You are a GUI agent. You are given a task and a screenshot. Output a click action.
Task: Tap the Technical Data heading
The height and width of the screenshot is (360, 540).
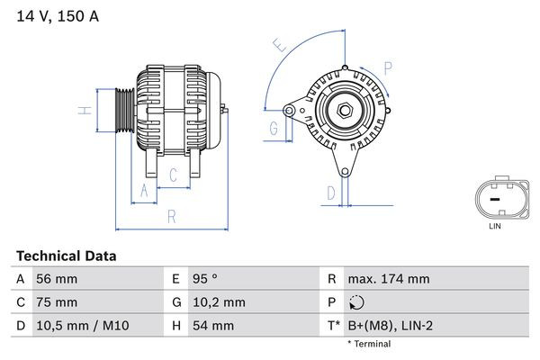tap(67, 256)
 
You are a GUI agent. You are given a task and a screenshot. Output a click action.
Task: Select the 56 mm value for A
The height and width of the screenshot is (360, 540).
tap(56, 280)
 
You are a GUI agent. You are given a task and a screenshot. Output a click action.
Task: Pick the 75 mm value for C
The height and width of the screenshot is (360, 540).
tap(56, 302)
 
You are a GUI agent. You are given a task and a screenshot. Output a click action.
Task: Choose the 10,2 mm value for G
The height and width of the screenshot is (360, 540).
tap(217, 302)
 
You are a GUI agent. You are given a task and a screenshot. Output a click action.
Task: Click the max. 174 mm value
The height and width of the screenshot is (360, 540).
tap(388, 280)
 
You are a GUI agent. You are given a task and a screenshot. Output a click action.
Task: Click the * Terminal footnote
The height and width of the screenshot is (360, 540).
tap(369, 344)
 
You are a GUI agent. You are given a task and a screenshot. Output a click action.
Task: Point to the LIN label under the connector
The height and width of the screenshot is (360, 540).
tap(494, 227)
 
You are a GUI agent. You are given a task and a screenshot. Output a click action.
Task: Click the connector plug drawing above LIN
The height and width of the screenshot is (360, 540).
tap(494, 198)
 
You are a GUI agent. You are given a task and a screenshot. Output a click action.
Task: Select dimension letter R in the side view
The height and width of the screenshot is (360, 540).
tap(170, 216)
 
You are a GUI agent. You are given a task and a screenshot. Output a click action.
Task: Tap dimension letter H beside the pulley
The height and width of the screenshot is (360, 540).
tap(83, 111)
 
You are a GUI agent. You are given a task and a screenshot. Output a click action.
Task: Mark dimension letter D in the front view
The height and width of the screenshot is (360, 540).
tap(330, 192)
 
